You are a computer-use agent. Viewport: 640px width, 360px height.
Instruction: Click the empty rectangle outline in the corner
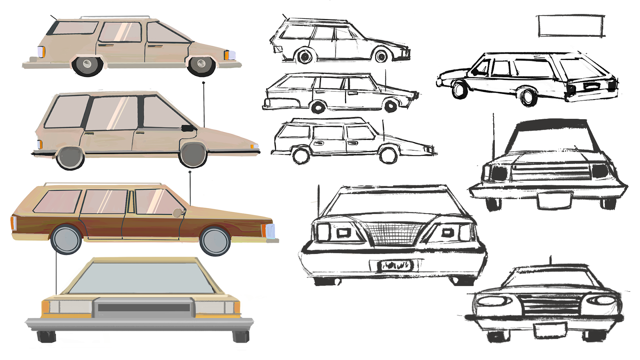click(571, 26)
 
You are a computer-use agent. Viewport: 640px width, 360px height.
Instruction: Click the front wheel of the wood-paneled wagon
click(215, 241)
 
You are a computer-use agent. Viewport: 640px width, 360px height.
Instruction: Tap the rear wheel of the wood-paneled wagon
click(66, 239)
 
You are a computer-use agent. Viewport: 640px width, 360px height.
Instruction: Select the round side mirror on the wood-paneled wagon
click(177, 213)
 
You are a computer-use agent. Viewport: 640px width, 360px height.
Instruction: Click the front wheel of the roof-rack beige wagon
click(201, 64)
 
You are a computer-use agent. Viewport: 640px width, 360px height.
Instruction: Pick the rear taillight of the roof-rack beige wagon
click(41, 52)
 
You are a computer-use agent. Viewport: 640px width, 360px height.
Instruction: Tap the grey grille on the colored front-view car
click(144, 308)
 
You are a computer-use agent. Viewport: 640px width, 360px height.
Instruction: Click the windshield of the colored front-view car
click(142, 277)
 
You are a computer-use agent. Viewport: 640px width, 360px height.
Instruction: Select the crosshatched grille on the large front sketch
click(394, 233)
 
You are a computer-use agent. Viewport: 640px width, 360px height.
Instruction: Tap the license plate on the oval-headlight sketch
click(550, 330)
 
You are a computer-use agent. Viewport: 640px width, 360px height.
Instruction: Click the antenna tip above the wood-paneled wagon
click(190, 172)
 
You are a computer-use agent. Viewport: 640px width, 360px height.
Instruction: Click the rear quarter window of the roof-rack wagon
click(75, 28)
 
